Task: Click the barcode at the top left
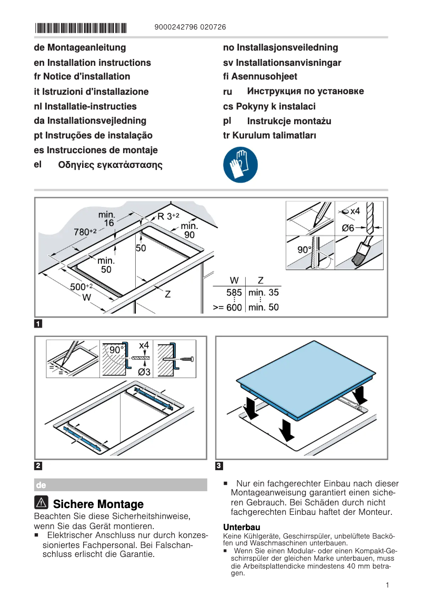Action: coord(81,28)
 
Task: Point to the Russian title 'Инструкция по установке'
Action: coord(305,92)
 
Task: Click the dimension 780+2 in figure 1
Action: coord(85,232)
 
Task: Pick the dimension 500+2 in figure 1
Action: coord(82,286)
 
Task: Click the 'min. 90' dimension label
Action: coord(189,230)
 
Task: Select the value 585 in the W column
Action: coord(234,292)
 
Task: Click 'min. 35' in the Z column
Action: coord(264,292)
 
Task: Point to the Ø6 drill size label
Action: coord(348,228)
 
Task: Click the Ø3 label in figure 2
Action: coord(144,372)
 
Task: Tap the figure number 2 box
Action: coord(38,466)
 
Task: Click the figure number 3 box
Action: coord(219,466)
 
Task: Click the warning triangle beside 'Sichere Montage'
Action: coord(42,503)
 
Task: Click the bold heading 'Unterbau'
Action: coord(242,527)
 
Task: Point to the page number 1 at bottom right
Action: coord(387,585)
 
